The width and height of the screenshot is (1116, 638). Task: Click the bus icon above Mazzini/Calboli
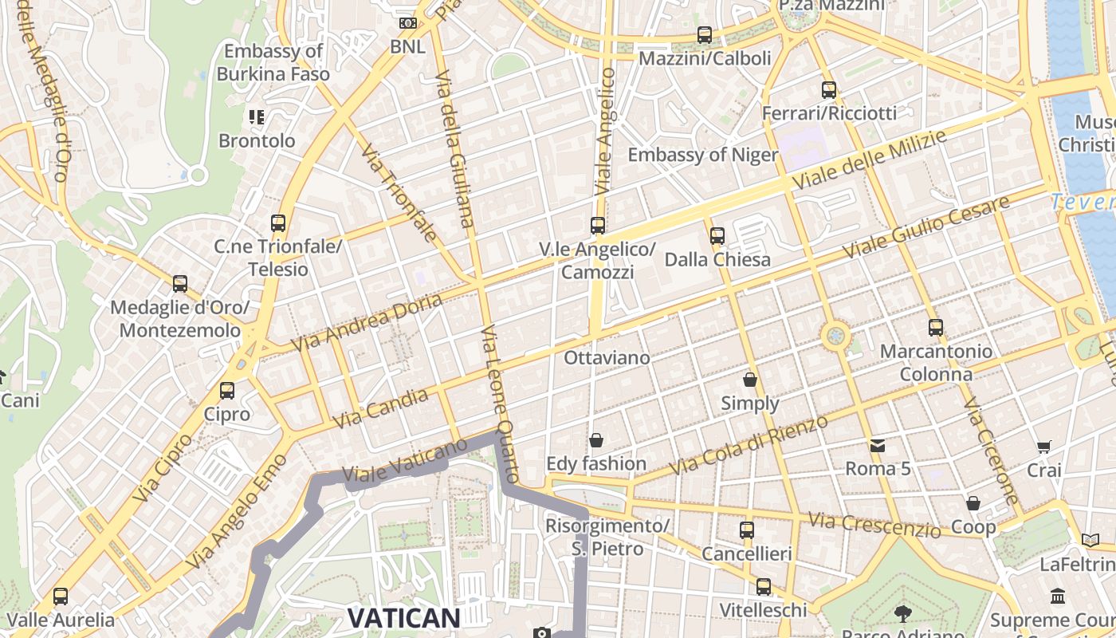[704, 35]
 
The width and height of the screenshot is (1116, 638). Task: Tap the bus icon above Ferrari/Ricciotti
[829, 89]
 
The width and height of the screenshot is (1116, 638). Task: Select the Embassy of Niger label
[702, 155]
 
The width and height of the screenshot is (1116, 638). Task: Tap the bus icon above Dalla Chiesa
[717, 236]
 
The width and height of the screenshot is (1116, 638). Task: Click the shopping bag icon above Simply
[750, 380]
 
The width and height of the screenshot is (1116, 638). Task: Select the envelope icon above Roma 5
[878, 446]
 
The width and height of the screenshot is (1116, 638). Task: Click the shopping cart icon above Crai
[1043, 447]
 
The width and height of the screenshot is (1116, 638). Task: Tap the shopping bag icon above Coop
[973, 503]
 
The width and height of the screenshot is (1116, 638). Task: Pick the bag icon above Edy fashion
[595, 440]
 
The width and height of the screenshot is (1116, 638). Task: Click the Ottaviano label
[607, 358]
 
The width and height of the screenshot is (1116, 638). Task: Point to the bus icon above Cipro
[227, 391]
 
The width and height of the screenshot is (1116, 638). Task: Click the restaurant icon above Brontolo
[256, 118]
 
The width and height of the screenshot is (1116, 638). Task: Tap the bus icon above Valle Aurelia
[61, 597]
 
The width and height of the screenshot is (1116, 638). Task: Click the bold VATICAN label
[404, 617]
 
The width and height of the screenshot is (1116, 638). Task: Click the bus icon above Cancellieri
[747, 530]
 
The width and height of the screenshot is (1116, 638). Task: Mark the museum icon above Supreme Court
[1058, 597]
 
